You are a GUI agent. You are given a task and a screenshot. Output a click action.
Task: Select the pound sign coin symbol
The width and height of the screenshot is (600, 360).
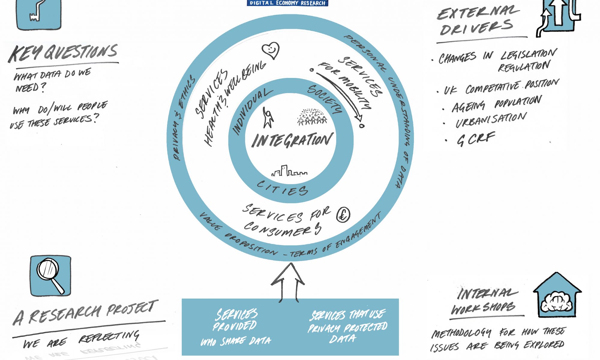tap(343, 215)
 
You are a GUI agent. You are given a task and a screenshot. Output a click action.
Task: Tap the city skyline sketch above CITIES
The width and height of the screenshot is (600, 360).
tap(289, 171)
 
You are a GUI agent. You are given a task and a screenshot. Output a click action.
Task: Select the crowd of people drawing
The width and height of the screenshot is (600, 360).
tap(312, 116)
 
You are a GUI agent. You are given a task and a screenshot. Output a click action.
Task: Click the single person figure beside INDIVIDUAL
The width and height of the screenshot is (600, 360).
tap(268, 117)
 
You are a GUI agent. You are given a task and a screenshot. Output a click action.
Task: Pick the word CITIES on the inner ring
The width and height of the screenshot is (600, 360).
tap(282, 188)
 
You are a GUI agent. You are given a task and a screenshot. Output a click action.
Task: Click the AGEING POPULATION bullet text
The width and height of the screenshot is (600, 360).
tap(496, 103)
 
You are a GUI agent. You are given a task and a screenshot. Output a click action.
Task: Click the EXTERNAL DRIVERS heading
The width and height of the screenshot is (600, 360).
tap(478, 21)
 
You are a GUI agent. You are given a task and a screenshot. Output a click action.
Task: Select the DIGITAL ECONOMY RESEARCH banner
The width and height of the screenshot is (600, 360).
tap(287, 3)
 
